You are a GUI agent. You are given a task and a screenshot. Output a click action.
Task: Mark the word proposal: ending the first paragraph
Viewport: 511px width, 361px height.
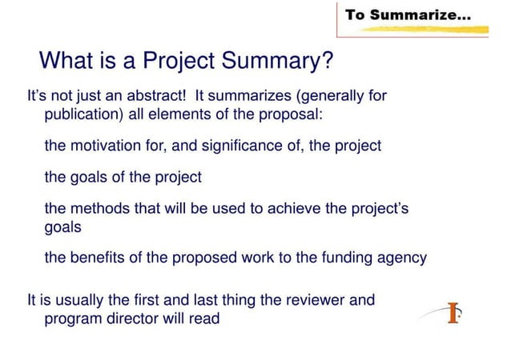coord(288,114)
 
